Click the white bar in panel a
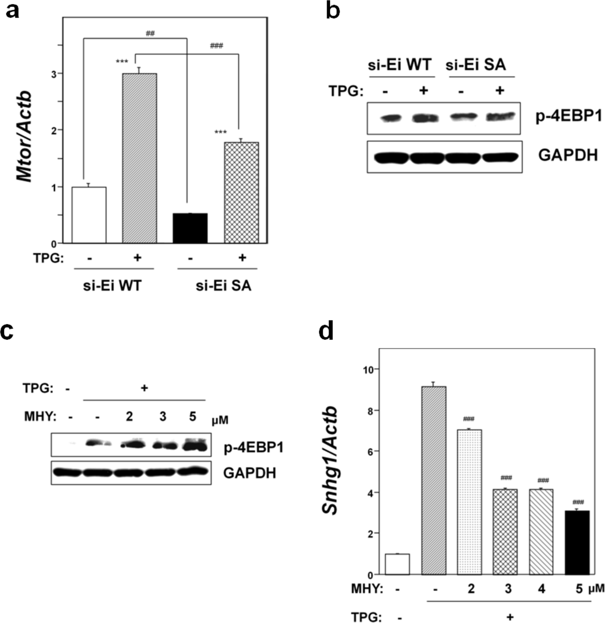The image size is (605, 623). coord(89,215)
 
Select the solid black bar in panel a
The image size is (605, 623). coord(190,228)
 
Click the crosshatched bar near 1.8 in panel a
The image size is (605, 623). coord(241,192)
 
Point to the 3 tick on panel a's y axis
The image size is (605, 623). coord(54,74)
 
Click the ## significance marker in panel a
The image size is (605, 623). coord(150,34)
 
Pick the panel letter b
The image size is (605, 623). coord(332,11)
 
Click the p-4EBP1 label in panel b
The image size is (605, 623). coord(568,117)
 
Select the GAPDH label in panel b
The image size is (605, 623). coord(568,155)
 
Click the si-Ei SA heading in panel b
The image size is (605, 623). coord(475,65)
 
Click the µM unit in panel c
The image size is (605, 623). coord(220,420)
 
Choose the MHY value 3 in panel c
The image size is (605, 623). coord(163,417)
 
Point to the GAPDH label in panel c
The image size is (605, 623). coord(250,473)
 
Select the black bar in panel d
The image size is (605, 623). coord(577,542)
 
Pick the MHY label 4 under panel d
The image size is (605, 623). coord(541,589)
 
